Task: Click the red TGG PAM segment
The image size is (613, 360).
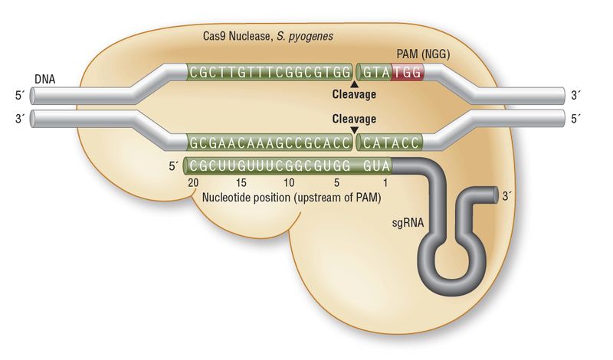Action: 406,73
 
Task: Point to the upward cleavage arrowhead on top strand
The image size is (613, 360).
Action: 354,84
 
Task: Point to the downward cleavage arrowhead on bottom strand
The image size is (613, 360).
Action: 354,129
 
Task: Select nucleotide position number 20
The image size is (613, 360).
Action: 193,183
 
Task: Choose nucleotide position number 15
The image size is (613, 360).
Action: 241,183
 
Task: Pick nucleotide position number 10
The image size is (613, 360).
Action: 288,183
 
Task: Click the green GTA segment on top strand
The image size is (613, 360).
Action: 375,73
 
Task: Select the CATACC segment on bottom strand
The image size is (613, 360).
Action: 390,142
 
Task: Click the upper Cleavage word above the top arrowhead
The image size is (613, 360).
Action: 354,95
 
